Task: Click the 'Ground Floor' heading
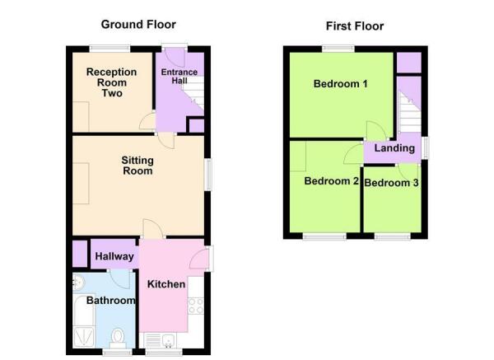click(x=138, y=24)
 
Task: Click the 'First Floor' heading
click(x=355, y=26)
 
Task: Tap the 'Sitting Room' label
click(x=137, y=166)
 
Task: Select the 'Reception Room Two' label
click(x=112, y=82)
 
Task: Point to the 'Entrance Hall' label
click(x=179, y=77)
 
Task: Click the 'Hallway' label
click(x=114, y=257)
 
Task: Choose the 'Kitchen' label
click(x=166, y=284)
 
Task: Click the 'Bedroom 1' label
click(x=340, y=84)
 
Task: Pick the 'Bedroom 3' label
click(x=392, y=182)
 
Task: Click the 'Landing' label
click(x=394, y=149)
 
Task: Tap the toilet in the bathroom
click(x=119, y=336)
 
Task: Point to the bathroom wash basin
click(x=78, y=283)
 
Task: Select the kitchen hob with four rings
click(x=196, y=306)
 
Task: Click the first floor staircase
click(x=409, y=111)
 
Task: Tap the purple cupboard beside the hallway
click(x=79, y=253)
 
